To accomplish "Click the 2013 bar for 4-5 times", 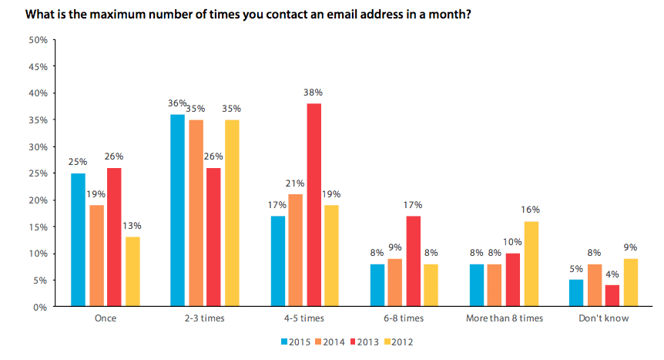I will pyautogui.click(x=314, y=205).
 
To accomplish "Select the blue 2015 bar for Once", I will pyautogui.click(x=78, y=240).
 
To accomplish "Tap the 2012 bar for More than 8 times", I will pyautogui.click(x=532, y=264).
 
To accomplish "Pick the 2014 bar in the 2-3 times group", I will pyautogui.click(x=196, y=214).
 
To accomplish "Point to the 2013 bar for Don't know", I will pyautogui.click(x=612, y=296).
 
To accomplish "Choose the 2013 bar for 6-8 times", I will pyautogui.click(x=414, y=261).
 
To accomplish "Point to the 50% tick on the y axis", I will pyautogui.click(x=38, y=39).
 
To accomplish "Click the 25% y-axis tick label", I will pyautogui.click(x=38, y=173).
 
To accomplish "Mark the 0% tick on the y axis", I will pyautogui.click(x=41, y=307).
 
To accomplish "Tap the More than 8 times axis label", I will pyautogui.click(x=504, y=318).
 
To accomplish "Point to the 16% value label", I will pyautogui.click(x=532, y=209).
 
